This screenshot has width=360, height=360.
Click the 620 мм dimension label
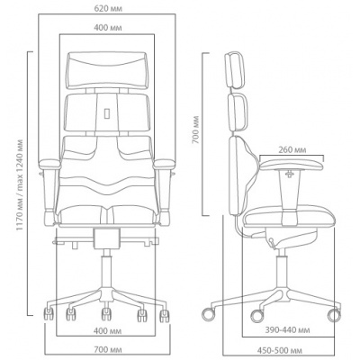point(108,8)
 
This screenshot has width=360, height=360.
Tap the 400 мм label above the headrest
point(108,28)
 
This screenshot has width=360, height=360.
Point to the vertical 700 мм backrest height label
point(195,130)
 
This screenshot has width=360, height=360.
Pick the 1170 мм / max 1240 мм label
point(20,184)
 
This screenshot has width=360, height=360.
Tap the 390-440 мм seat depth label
point(287,330)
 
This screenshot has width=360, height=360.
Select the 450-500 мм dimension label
point(280,350)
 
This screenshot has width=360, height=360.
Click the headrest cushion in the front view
point(107,70)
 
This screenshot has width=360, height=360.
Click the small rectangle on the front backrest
point(107,113)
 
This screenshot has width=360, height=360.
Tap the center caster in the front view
point(106,313)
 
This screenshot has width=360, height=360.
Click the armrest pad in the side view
point(292,165)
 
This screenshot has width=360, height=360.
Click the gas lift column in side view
point(281,269)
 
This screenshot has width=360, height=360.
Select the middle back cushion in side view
point(239,112)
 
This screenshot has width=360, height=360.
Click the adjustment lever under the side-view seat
point(272,243)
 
